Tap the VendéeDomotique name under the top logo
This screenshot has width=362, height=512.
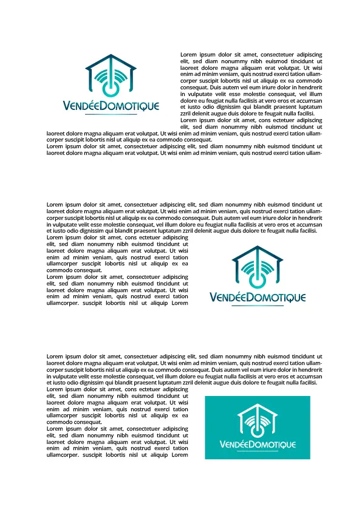(111, 106)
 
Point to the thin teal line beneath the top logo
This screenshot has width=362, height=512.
(111, 114)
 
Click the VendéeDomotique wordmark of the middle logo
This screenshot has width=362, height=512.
(258, 298)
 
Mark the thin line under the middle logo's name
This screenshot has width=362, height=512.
(258, 305)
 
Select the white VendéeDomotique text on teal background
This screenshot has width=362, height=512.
(258, 445)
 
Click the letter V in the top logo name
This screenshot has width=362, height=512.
(66, 106)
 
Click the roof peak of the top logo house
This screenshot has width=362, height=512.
(110, 56)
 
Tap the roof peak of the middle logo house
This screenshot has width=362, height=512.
(258, 247)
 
